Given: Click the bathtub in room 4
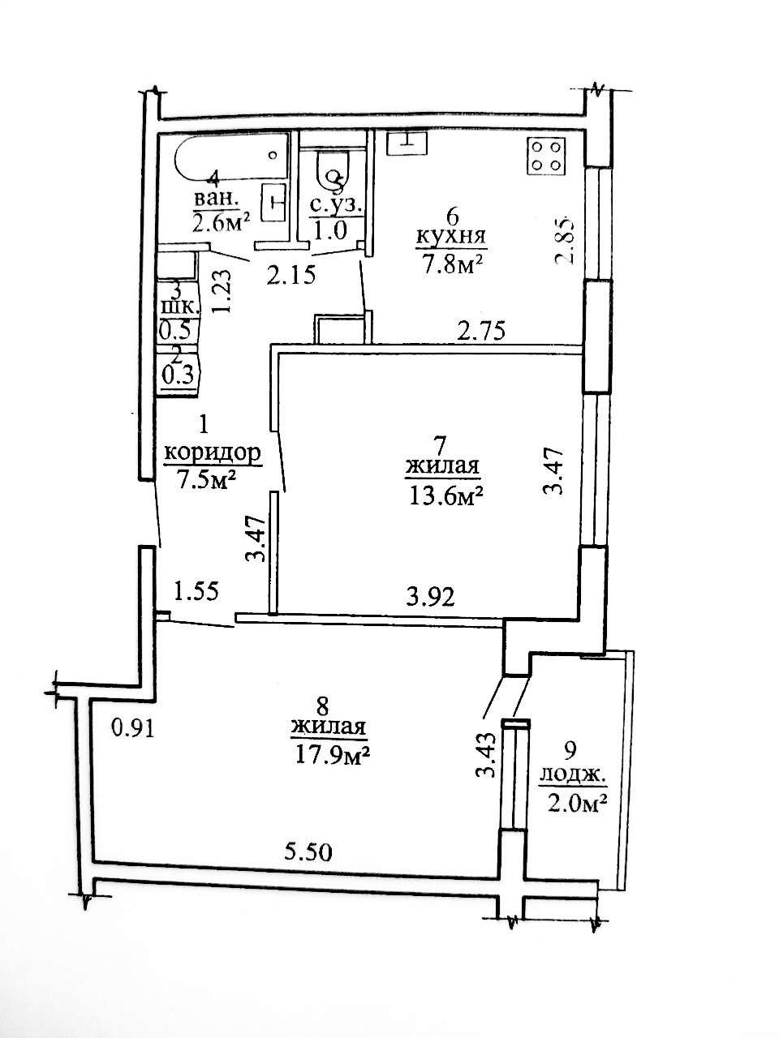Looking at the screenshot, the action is click(231, 158).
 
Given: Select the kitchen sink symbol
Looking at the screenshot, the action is click(407, 143).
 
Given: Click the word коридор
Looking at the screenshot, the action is click(213, 453).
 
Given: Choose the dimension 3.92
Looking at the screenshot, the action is click(430, 597).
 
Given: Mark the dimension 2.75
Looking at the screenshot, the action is click(481, 330).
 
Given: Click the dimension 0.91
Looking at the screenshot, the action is click(132, 728).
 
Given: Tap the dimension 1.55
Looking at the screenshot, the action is click(196, 591).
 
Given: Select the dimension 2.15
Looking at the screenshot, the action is click(291, 275).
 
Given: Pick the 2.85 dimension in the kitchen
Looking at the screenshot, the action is click(565, 240).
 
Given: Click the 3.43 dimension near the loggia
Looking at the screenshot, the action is click(486, 756).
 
